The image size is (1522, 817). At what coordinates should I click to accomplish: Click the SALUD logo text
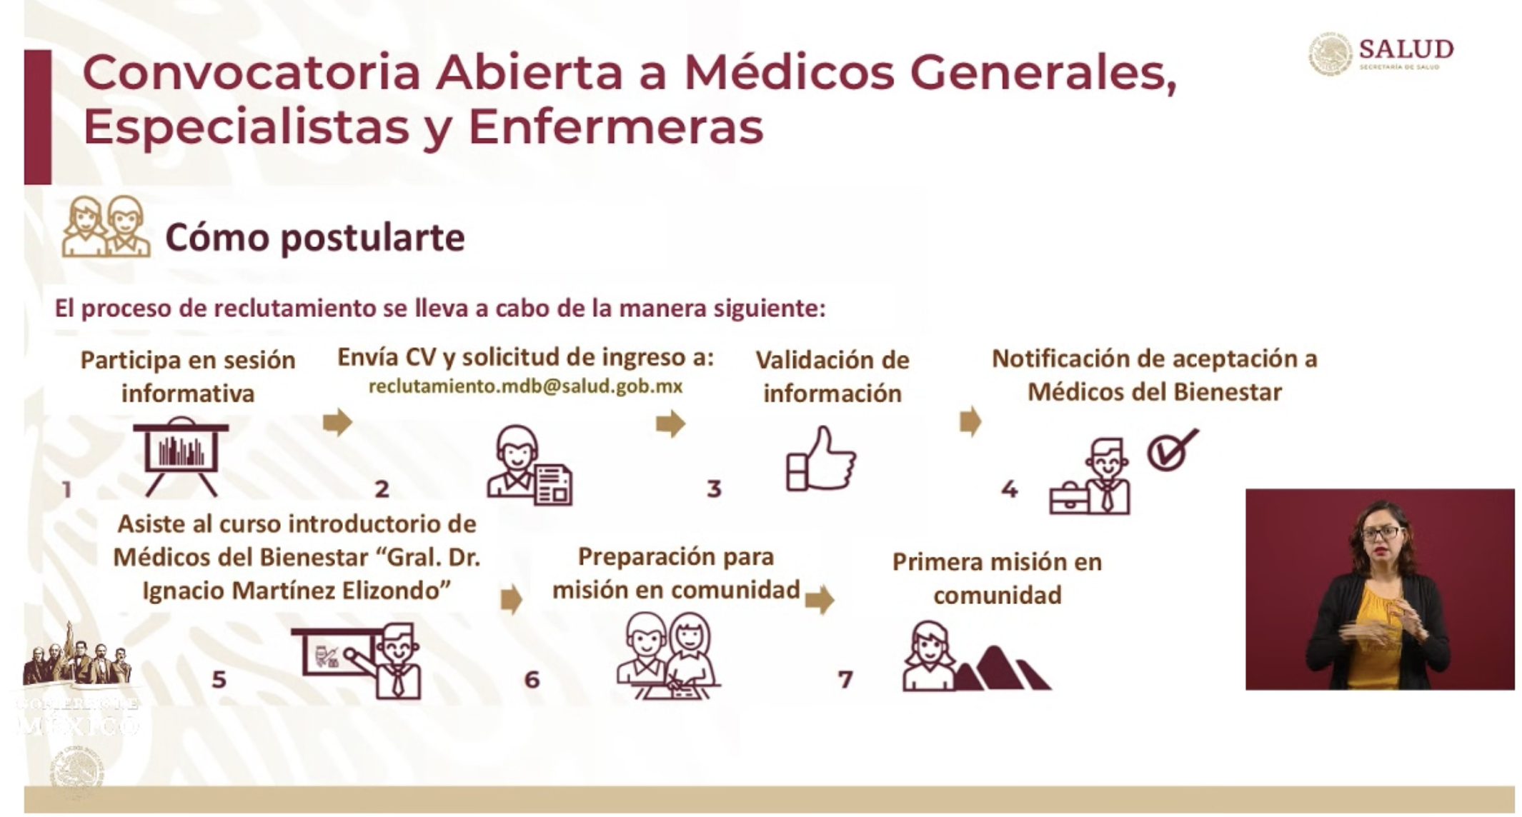click(1406, 49)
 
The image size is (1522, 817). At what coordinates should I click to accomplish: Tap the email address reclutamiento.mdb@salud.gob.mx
click(525, 386)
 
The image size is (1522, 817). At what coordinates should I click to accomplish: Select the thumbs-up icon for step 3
click(820, 459)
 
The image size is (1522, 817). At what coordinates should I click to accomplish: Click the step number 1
click(66, 489)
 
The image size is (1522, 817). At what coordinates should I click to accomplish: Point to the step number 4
click(1009, 489)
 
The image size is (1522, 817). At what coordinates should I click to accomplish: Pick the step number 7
click(845, 679)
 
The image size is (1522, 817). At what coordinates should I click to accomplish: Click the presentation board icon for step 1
click(181, 456)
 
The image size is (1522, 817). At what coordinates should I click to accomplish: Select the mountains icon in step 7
click(1004, 669)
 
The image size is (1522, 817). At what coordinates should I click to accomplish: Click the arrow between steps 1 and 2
click(337, 422)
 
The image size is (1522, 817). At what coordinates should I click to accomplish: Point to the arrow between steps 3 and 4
click(970, 421)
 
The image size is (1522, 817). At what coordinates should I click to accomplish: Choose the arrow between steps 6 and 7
click(819, 599)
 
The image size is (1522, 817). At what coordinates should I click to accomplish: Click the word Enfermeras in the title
click(615, 127)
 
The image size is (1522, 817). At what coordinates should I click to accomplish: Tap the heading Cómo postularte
click(314, 238)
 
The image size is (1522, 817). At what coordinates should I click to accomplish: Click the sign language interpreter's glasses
click(1380, 533)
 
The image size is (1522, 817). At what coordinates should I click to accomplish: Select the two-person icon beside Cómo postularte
click(106, 227)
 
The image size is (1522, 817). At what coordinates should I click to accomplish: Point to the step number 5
click(219, 679)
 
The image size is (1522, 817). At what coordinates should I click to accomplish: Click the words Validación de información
click(832, 376)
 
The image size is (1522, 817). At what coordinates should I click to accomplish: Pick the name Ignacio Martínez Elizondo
click(297, 591)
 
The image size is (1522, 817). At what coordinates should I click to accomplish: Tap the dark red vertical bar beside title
click(38, 116)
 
